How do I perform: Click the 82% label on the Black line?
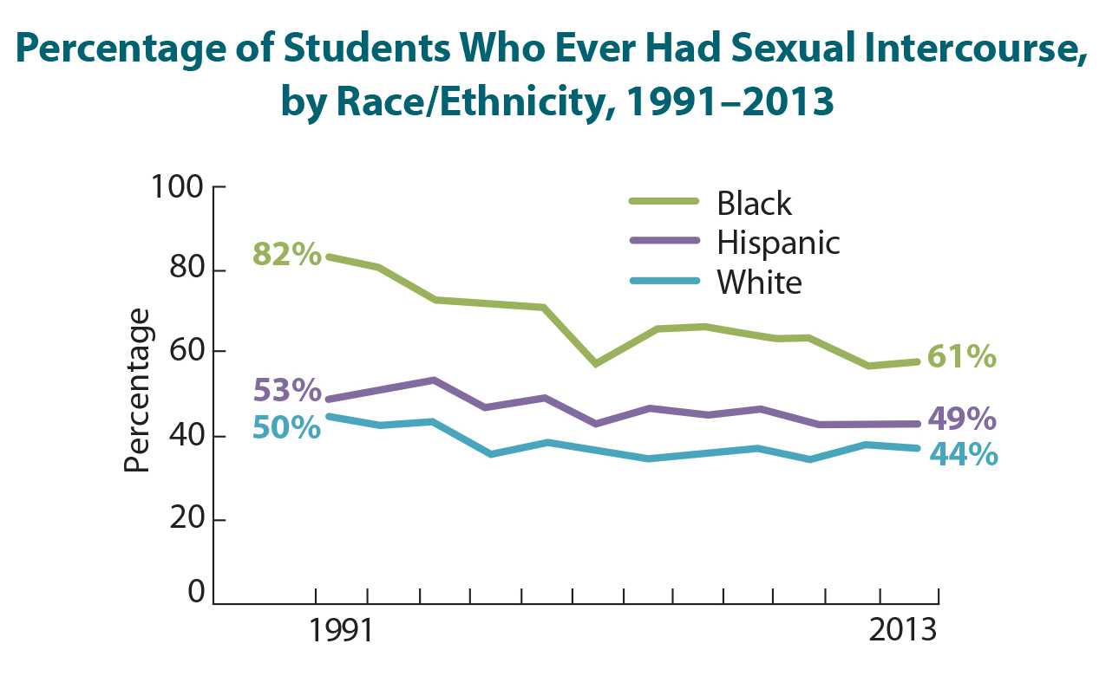[287, 256]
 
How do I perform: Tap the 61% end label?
[961, 356]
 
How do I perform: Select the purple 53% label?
[287, 390]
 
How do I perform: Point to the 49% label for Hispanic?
[961, 419]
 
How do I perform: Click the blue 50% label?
[287, 427]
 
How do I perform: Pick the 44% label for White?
[963, 454]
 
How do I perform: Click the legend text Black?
[754, 203]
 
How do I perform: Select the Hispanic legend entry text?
[778, 242]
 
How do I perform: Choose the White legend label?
[759, 282]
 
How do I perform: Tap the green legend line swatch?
[664, 201]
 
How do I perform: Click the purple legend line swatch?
[664, 240]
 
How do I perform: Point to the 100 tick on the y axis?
[176, 187]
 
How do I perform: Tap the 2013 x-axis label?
[901, 629]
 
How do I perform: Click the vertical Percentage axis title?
[137, 390]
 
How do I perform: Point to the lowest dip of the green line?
[867, 366]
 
